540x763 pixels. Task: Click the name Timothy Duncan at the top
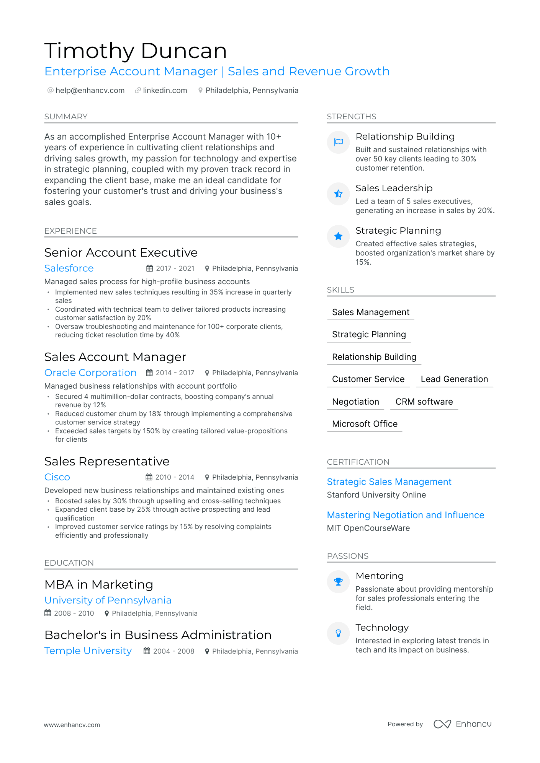point(136,51)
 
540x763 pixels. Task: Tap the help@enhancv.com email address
point(90,91)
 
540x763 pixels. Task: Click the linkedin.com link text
point(165,91)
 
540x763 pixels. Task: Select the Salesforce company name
point(69,268)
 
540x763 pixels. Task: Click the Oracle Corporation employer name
point(90,373)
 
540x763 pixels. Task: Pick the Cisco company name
point(57,477)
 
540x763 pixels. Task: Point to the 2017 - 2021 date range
point(175,268)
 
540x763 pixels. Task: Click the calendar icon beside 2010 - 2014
point(149,477)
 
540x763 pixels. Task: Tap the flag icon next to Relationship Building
point(338,142)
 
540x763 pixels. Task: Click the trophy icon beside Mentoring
point(338,582)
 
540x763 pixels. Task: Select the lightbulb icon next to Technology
point(338,633)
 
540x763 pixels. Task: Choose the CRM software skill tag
point(424,402)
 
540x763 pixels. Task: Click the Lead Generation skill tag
point(454,379)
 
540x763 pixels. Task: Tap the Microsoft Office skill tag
point(365,424)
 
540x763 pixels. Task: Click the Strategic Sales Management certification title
point(389,482)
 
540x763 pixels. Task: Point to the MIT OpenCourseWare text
point(368,528)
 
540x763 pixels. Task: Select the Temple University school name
point(88,651)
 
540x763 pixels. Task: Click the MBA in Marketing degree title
point(99,584)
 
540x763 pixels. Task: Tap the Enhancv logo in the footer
point(463,724)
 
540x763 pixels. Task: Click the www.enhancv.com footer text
point(72,725)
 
